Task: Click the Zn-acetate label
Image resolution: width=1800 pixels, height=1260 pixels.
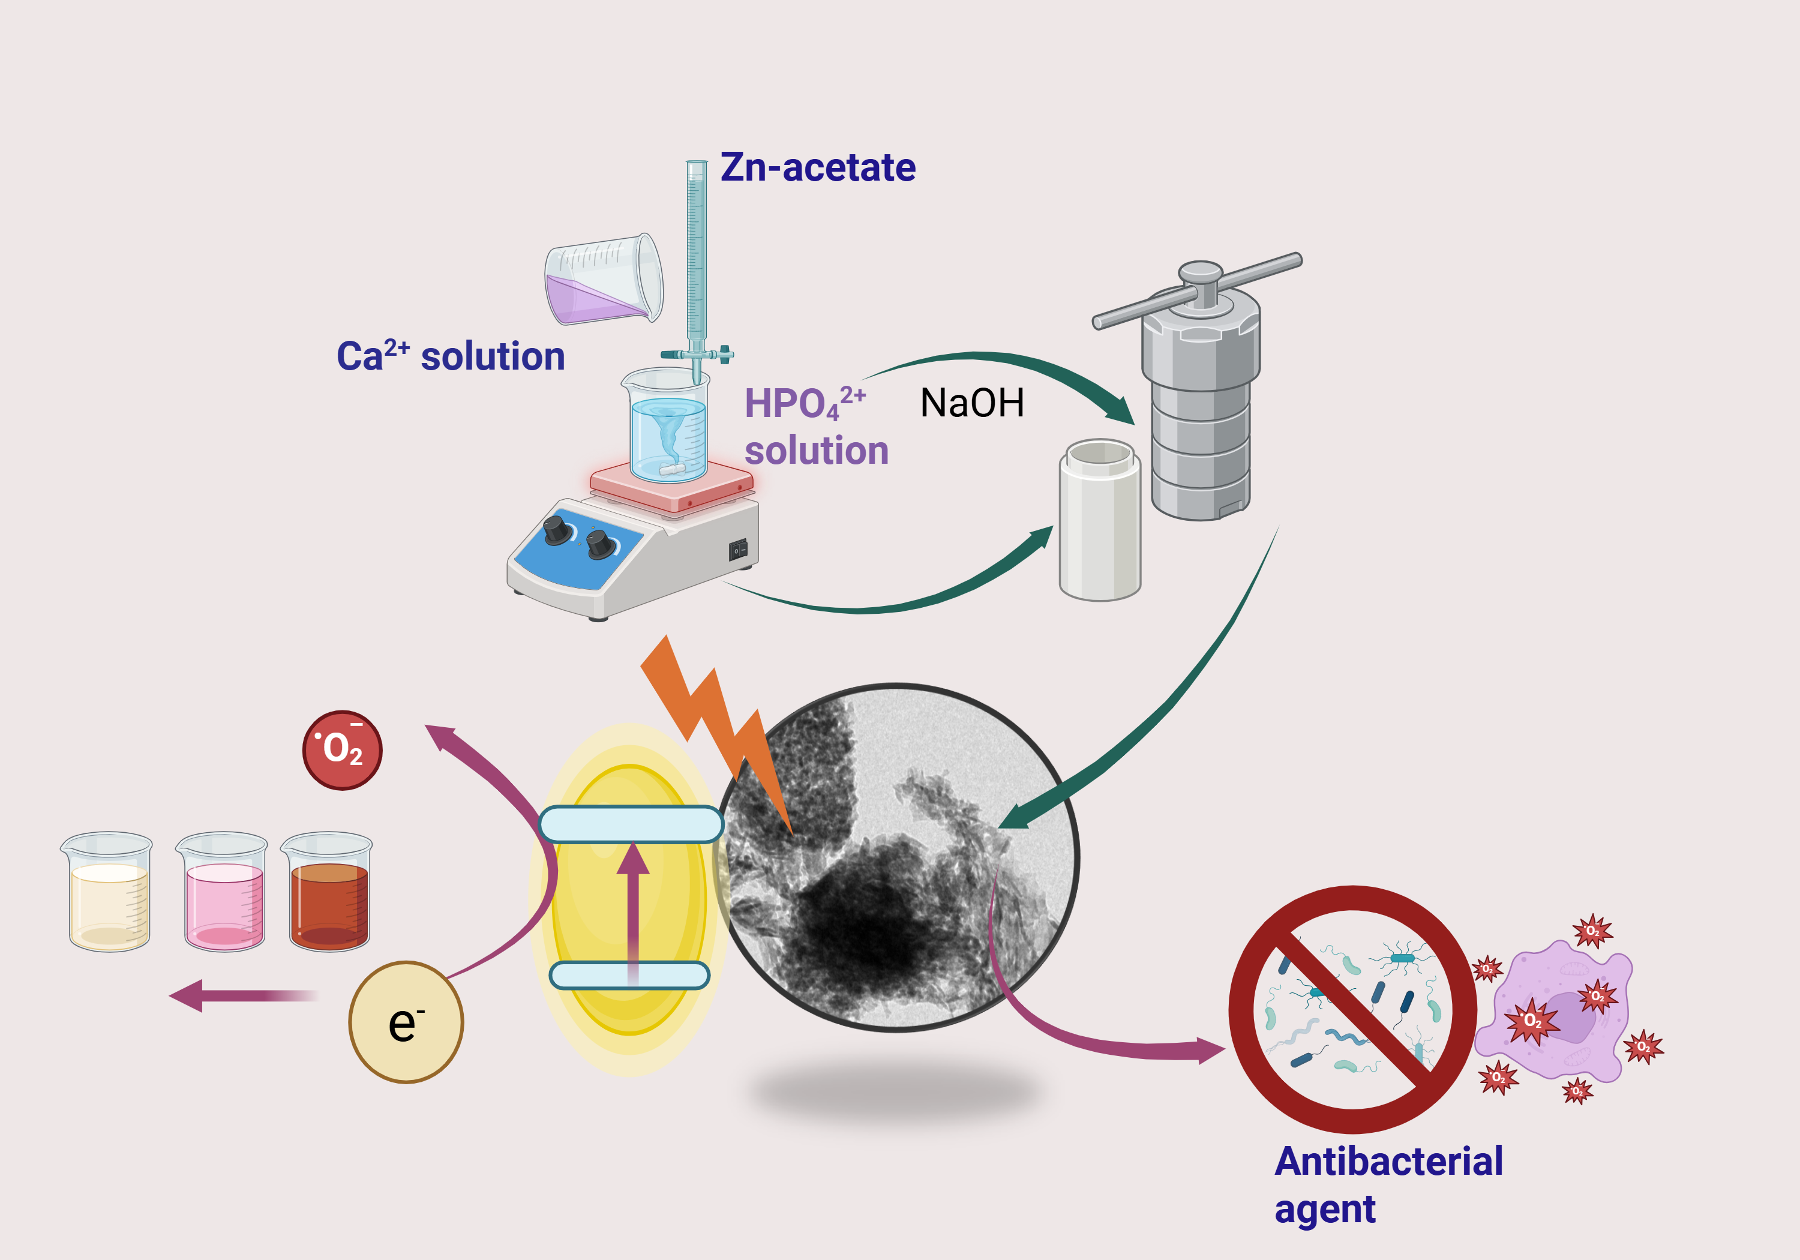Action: (818, 168)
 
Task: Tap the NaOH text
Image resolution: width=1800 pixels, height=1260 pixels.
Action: (971, 403)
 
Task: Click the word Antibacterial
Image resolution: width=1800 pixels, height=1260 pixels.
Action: (1388, 1161)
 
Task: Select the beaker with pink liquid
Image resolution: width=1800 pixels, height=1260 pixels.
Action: (223, 894)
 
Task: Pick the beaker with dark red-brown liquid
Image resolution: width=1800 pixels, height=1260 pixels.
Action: (328, 894)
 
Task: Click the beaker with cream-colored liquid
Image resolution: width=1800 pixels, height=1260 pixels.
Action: (108, 894)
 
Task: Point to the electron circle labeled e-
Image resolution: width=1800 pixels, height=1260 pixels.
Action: (406, 1022)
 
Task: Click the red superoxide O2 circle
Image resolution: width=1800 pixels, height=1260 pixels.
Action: (342, 749)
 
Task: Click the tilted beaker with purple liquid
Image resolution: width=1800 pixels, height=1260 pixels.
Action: (604, 281)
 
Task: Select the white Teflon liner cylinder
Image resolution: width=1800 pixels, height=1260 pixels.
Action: (1099, 521)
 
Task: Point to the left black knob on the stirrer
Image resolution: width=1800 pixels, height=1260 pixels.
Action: (557, 529)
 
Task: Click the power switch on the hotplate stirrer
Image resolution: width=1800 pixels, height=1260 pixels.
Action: (738, 550)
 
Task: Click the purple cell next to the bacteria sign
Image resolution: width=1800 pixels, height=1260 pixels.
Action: (1556, 1015)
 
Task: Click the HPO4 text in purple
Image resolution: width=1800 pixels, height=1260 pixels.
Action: (792, 404)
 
